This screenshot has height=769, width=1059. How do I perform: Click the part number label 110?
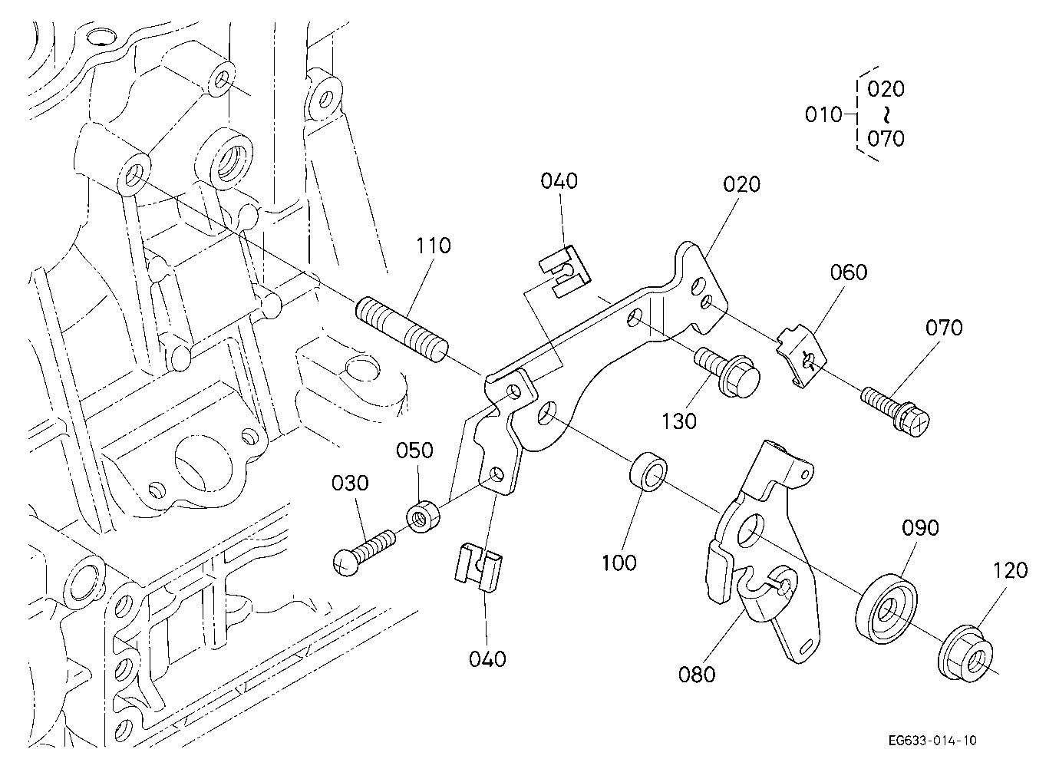(433, 246)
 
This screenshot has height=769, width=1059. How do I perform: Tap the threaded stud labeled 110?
(401, 329)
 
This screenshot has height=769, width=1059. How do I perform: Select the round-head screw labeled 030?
(364, 553)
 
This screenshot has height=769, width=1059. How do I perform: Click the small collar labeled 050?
(423, 517)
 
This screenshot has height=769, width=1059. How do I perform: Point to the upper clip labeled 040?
(565, 272)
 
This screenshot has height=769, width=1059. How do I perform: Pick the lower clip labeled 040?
(478, 567)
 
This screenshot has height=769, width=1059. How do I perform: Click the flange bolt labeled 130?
(727, 371)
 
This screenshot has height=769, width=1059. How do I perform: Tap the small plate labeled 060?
(801, 355)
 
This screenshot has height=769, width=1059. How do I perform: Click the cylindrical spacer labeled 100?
(648, 473)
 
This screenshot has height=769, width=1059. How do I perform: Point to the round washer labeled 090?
(886, 609)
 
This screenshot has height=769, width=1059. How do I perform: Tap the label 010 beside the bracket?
(823, 114)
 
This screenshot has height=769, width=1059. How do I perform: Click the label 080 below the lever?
(696, 675)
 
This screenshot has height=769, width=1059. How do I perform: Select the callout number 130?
(679, 421)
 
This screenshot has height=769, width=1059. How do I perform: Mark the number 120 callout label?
(1011, 570)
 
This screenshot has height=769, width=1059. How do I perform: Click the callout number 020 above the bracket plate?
(741, 184)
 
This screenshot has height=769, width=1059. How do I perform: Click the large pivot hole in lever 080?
(751, 530)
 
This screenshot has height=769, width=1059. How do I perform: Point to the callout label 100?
(619, 563)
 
